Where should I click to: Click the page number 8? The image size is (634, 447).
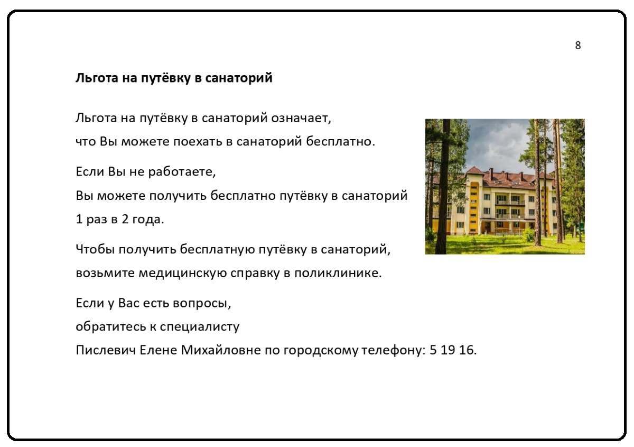point(578,45)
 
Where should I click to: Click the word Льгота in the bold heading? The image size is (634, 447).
point(97,78)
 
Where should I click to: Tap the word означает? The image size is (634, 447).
point(301,118)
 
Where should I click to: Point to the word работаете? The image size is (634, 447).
point(182,172)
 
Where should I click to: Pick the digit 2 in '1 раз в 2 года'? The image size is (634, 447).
point(125,219)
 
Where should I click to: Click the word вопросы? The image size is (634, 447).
point(202,304)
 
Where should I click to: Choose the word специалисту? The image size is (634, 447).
point(200,327)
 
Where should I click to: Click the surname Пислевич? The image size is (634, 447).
point(106,350)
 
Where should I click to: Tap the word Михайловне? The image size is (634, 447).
point(221,350)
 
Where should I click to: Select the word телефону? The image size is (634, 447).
point(394,351)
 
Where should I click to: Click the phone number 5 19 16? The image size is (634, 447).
point(453,350)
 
